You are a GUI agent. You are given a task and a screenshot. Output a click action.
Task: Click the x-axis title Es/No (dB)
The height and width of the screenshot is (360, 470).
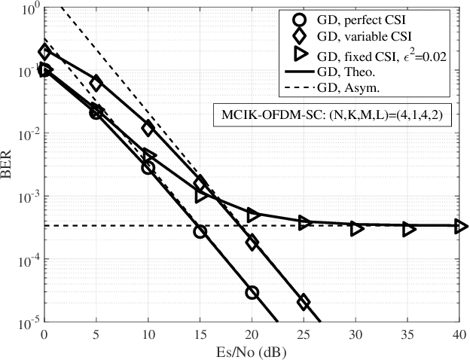coord(252,351)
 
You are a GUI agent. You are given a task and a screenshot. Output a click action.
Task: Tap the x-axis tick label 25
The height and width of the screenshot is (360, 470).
coord(304,334)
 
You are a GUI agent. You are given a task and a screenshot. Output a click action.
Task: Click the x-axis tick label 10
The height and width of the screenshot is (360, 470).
coord(148,334)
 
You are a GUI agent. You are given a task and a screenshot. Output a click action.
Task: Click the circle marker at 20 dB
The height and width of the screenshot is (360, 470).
coord(252,292)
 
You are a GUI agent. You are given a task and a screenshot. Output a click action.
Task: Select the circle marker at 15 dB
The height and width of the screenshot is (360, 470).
coord(200,232)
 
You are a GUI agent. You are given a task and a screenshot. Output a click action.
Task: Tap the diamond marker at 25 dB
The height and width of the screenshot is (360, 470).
coord(304,302)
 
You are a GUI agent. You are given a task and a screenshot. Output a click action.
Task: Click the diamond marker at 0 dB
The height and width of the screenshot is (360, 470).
coord(44,52)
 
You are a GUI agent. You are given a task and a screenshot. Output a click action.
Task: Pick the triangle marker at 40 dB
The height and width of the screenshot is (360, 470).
coord(460,226)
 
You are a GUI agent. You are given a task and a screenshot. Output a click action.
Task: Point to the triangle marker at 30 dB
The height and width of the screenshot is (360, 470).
coord(356,227)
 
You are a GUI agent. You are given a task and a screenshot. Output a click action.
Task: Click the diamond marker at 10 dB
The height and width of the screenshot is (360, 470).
coord(148,129)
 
